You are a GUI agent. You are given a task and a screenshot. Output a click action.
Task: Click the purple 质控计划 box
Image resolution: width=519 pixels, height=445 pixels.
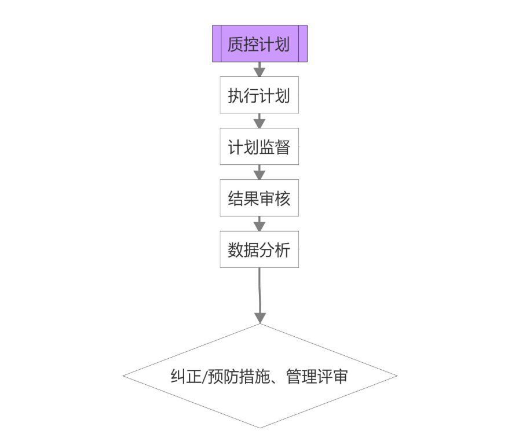pyautogui.click(x=259, y=44)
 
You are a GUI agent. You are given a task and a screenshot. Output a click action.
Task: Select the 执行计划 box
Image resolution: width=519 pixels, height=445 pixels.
pyautogui.click(x=259, y=95)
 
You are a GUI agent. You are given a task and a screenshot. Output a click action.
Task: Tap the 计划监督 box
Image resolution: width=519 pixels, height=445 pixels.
pyautogui.click(x=259, y=147)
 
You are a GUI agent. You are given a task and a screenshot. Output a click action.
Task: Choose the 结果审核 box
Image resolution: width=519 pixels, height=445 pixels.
pyautogui.click(x=259, y=198)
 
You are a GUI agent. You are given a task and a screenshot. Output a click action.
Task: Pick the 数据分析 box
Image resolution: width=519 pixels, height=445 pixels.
pyautogui.click(x=259, y=250)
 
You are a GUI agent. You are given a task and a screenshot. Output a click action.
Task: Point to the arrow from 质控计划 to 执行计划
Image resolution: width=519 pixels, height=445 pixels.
pyautogui.click(x=259, y=69)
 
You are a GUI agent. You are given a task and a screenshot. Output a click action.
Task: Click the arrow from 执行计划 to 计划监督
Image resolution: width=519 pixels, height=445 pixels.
pyautogui.click(x=259, y=120)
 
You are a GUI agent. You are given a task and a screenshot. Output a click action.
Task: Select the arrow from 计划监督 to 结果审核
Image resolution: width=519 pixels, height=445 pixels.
pyautogui.click(x=259, y=172)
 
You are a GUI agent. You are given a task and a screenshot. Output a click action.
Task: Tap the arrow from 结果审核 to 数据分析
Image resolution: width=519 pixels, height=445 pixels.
pyautogui.click(x=259, y=223)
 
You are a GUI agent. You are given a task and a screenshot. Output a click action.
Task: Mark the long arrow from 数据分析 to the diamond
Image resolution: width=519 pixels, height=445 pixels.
pyautogui.click(x=260, y=295)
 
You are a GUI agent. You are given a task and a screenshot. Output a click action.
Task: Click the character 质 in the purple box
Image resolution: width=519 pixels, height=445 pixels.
pyautogui.click(x=236, y=45)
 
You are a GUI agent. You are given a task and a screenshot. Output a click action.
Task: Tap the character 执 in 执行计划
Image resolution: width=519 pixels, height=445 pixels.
pyautogui.click(x=236, y=95)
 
